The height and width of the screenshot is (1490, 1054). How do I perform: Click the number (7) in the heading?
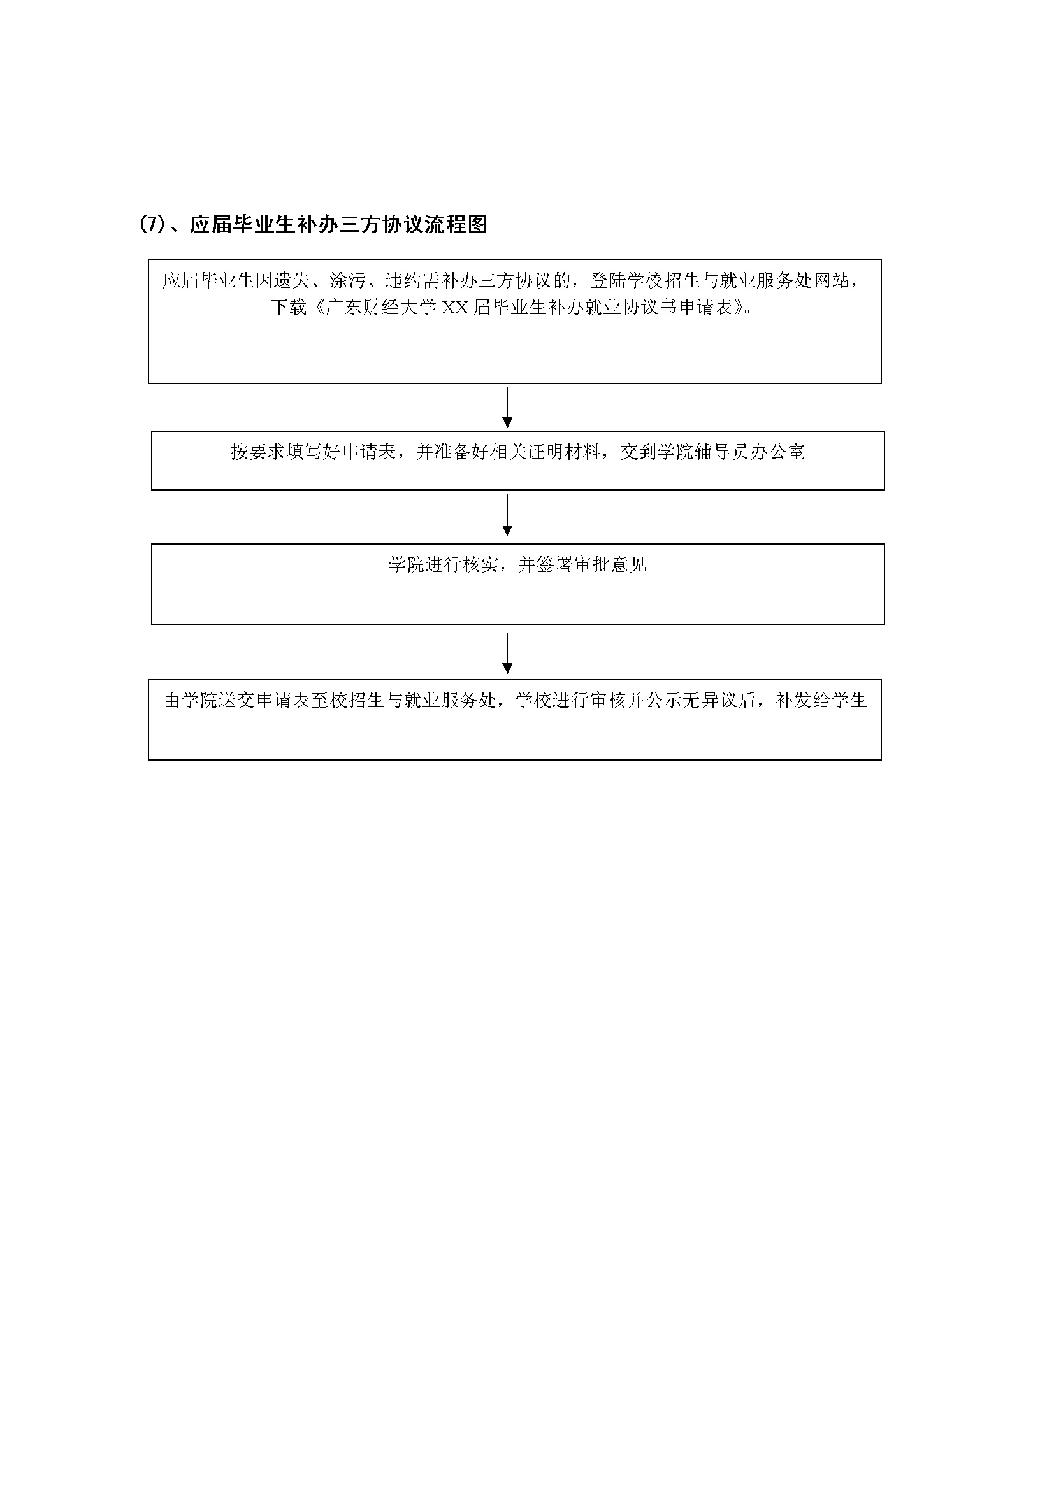152,224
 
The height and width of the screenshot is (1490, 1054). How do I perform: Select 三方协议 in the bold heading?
382,224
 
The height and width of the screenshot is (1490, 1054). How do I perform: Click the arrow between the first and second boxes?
507,408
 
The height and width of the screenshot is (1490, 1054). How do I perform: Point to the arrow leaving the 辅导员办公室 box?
507,515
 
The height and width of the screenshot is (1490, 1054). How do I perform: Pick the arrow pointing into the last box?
507,654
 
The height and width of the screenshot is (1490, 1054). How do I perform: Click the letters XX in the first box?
455,307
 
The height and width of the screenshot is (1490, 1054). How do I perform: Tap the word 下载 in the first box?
289,307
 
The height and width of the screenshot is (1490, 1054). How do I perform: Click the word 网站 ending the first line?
832,280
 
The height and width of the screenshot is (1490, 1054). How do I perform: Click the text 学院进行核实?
444,564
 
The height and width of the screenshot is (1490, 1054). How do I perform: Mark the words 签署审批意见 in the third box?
592,564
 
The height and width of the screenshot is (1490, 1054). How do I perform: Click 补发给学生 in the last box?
821,701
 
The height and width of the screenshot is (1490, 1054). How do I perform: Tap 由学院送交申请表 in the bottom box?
238,701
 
